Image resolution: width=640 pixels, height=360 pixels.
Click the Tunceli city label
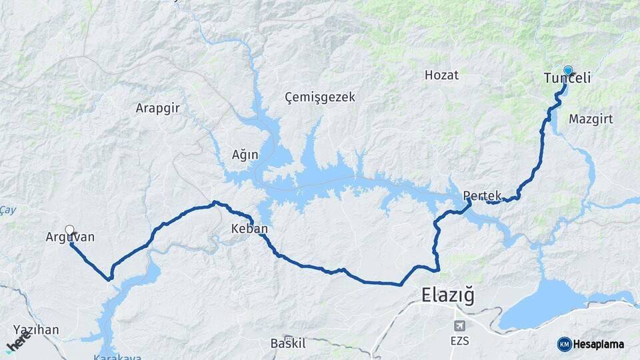pos(567,79)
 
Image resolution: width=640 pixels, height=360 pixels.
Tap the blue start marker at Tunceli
pos(568,70)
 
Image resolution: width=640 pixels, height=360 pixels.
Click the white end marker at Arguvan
pos(69,230)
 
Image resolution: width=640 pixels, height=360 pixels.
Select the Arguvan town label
pos(71,237)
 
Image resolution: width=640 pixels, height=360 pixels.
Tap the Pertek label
pos(481,197)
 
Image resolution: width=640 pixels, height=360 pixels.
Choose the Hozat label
pos(441,75)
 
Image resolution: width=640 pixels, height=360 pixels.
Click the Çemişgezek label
pos(320,97)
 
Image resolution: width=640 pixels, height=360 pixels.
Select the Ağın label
pos(245,155)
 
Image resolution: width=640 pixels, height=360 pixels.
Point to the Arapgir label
pos(158,107)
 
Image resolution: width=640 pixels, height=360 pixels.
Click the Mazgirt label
pos(591,119)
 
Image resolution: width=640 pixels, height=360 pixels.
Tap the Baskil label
pos(288,343)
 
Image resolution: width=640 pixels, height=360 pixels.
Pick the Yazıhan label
pos(36,329)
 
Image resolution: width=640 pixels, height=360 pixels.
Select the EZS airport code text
pos(459,341)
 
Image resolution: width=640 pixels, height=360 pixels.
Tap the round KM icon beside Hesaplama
pos(564,344)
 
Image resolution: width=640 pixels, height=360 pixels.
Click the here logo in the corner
pos(17,342)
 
